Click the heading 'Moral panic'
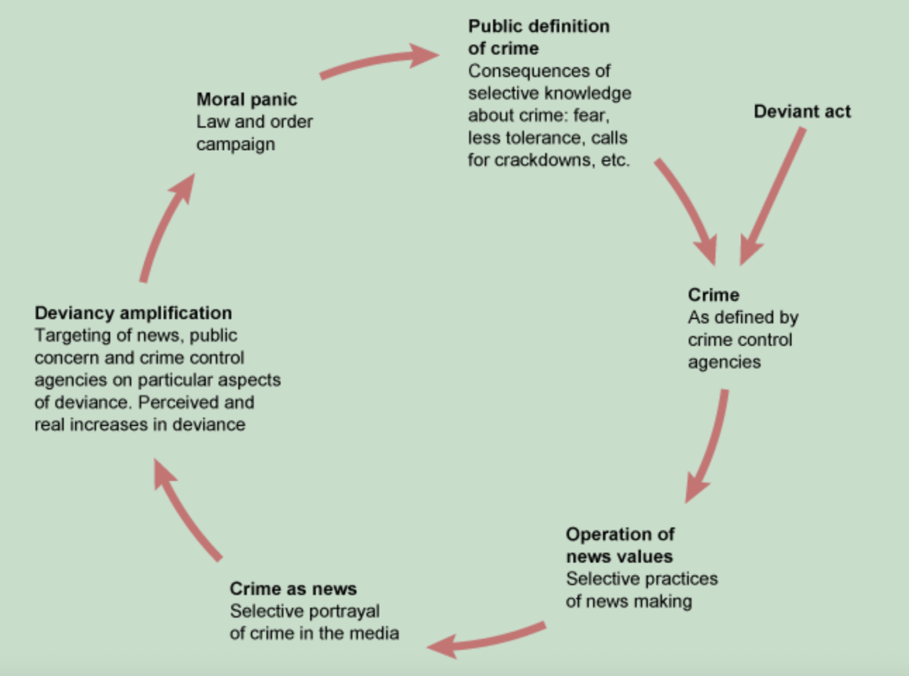tap(247, 99)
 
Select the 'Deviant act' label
tap(802, 111)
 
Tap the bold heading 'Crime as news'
tap(293, 588)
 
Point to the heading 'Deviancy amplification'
tap(133, 313)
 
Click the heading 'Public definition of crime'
tap(538, 37)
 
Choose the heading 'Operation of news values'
tap(619, 545)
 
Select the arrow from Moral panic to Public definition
tap(379, 62)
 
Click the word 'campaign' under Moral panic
tap(236, 144)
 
